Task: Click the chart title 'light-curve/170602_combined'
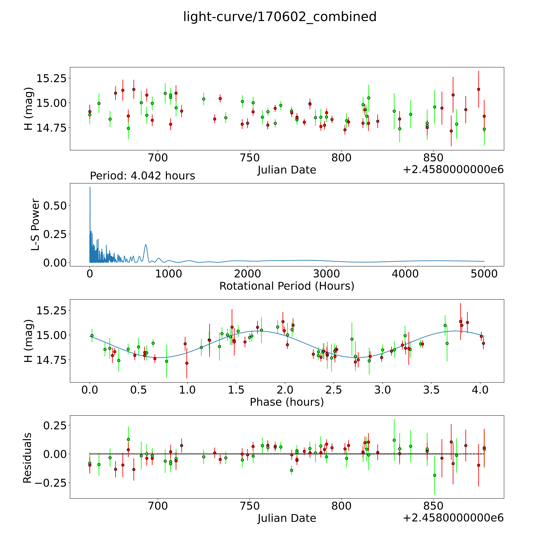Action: pyautogui.click(x=280, y=17)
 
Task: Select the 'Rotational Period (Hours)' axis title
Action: pyautogui.click(x=287, y=286)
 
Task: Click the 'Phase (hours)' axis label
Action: pyautogui.click(x=287, y=402)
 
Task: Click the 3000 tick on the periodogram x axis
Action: pyautogui.click(x=326, y=274)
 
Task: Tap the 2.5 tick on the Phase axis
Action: pyautogui.click(x=334, y=390)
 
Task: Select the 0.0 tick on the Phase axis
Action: pyautogui.click(x=90, y=390)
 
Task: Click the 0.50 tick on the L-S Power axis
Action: pyautogui.click(x=55, y=206)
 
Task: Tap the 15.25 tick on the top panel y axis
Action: pyautogui.click(x=51, y=78)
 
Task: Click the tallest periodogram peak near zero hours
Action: pyautogui.click(x=90, y=187)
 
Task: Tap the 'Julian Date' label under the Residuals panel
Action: pyautogui.click(x=287, y=518)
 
